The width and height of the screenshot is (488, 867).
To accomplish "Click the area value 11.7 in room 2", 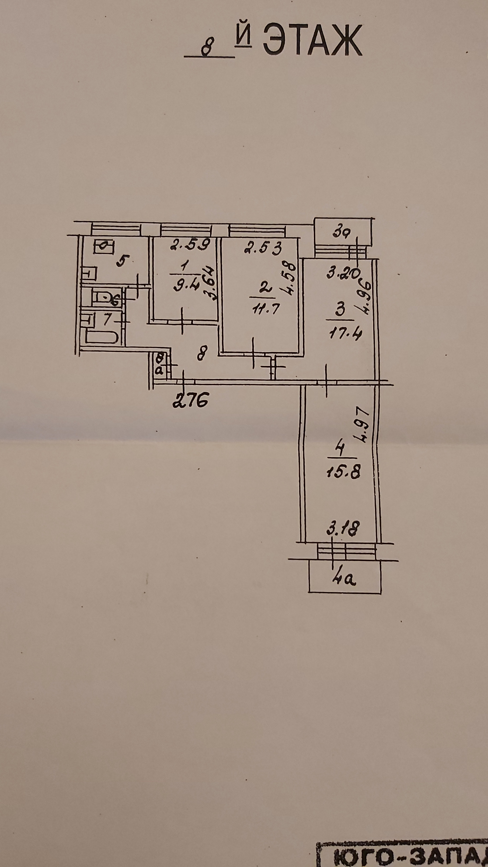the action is [266, 309].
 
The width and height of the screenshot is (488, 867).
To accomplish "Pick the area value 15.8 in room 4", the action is [343, 472].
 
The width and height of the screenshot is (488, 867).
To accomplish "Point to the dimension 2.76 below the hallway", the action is [191, 400].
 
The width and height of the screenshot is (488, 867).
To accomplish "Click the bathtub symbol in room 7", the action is [101, 338].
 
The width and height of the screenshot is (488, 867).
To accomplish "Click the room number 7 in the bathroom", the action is [107, 319].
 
